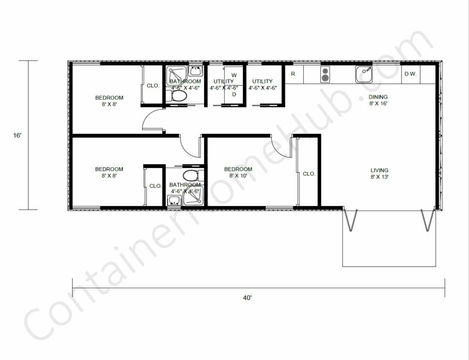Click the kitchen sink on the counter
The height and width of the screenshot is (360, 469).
tap(364, 74)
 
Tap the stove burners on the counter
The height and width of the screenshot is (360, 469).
tap(325, 74)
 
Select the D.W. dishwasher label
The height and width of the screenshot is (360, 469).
tap(410, 74)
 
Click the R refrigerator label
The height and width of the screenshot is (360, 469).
tap(293, 74)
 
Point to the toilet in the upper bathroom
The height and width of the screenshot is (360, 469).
tap(179, 96)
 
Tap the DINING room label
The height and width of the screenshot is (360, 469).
tap(378, 97)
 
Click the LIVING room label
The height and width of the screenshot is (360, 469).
tap(380, 170)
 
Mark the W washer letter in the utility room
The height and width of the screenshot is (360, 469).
tap(234, 75)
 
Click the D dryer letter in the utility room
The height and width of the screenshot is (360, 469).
tap(234, 94)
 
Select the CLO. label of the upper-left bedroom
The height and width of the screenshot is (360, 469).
tap(153, 85)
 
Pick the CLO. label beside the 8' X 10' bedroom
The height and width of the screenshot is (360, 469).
tap(309, 173)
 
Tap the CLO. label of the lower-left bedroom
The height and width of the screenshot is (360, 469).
tap(155, 186)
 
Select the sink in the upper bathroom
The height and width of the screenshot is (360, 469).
tap(195, 71)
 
